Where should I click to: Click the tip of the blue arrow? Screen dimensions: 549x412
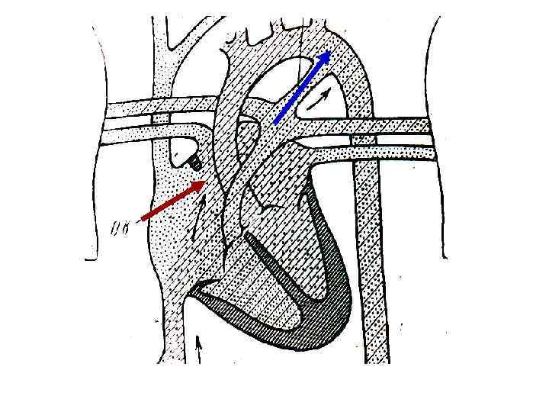pyautogui.click(x=330, y=52)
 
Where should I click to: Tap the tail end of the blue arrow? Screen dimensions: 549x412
pyautogui.click(x=274, y=122)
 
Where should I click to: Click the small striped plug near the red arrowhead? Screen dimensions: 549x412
pyautogui.click(x=195, y=163)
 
